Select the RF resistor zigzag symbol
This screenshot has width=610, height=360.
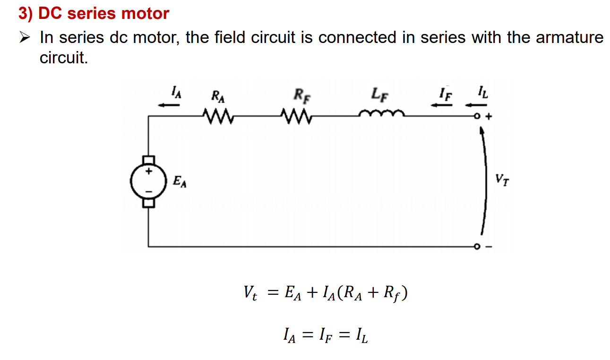coord(295,115)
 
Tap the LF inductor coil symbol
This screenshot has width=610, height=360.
coord(381,113)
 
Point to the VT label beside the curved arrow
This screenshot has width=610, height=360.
coord(502,180)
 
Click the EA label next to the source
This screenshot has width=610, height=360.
coord(180,181)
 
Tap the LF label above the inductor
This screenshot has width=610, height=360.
coord(380,94)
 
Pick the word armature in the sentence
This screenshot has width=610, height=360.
coord(569,37)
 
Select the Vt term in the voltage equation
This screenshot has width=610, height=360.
coord(250,294)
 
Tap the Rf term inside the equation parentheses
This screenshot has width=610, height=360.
coord(392,294)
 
